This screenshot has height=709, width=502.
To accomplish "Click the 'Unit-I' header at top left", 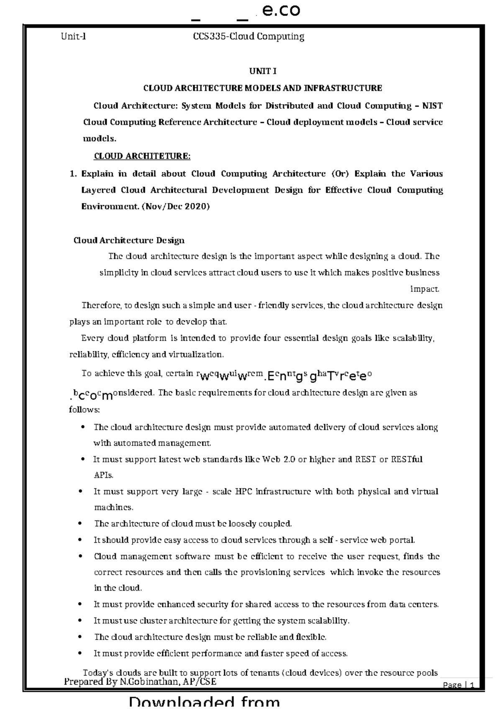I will tap(73, 36).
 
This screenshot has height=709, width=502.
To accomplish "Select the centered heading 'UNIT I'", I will tap(263, 71).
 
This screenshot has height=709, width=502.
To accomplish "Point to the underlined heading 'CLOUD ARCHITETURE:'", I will tap(142, 156).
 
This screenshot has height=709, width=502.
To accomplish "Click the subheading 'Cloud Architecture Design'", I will tap(129, 240).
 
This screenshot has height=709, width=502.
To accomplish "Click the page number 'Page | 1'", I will tap(459, 685).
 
